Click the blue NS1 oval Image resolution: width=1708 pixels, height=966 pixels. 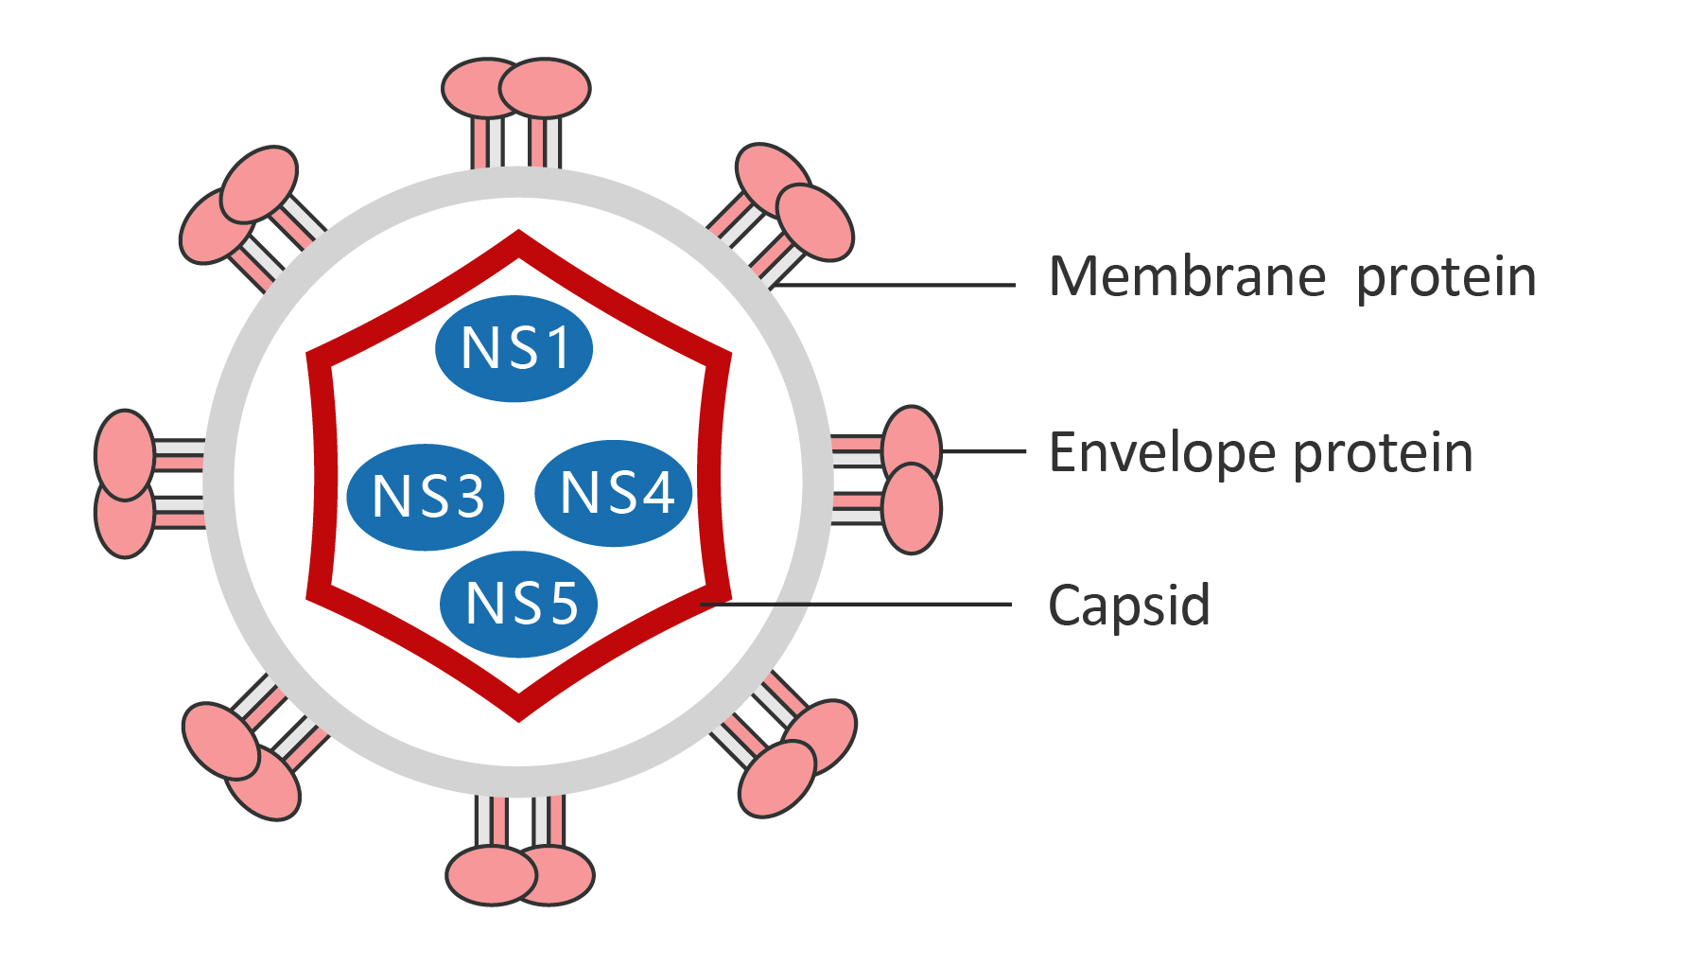pos(514,348)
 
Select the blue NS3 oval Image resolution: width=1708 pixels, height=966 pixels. pos(425,497)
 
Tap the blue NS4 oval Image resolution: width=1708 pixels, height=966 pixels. pos(614,493)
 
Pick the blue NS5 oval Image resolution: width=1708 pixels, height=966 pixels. pos(519,604)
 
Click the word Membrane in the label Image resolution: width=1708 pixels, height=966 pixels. pos(1187,277)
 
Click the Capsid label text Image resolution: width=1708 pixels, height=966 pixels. pos(1128,606)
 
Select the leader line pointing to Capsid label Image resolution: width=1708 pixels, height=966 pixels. pos(856,604)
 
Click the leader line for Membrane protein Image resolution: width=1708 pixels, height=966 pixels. pos(898,284)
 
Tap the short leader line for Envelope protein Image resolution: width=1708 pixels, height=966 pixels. pos(984,451)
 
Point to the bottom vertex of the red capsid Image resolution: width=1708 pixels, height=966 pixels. pos(518,711)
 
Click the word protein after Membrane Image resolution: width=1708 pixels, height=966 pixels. pos(1445,279)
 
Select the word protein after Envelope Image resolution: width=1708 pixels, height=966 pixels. pos(1383,454)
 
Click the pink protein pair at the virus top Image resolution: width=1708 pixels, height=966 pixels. pos(516,88)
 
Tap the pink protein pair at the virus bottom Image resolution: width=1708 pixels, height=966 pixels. pos(520,875)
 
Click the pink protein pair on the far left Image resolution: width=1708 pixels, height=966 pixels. pos(125,483)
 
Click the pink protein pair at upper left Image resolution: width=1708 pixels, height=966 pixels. pos(239,204)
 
